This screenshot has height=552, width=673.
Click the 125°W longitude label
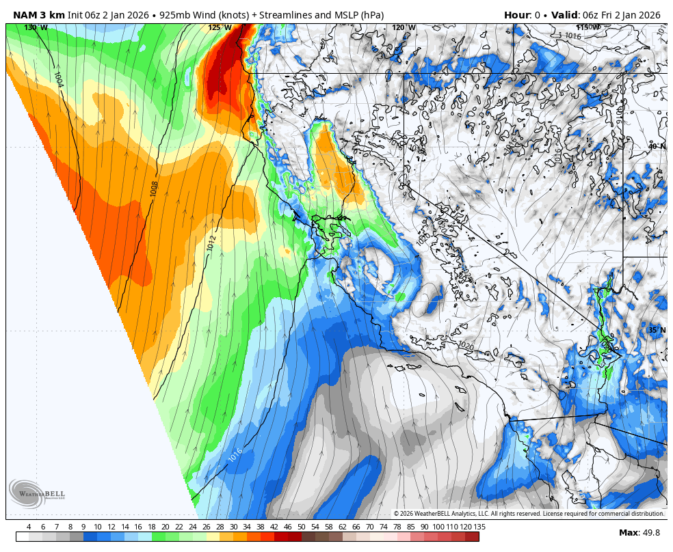click(x=220, y=28)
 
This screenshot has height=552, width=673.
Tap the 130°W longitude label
click(x=36, y=28)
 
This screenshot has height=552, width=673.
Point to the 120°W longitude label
click(x=404, y=28)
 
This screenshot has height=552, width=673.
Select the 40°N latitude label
click(x=657, y=147)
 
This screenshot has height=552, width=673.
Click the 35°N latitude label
click(x=657, y=331)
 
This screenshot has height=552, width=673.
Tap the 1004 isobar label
click(x=58, y=80)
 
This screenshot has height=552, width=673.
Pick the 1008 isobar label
click(x=154, y=189)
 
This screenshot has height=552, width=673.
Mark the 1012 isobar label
click(x=211, y=243)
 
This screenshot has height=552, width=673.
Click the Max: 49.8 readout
click(x=639, y=533)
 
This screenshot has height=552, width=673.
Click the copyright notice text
click(x=529, y=514)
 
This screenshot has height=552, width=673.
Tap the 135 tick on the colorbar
click(x=479, y=527)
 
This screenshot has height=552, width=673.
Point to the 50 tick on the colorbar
click(x=301, y=527)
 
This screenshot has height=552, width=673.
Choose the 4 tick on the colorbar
click(x=29, y=527)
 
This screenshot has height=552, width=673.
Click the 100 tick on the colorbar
click(x=438, y=527)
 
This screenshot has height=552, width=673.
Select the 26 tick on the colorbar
click(x=206, y=527)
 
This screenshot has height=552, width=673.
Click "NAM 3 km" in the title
click(x=38, y=15)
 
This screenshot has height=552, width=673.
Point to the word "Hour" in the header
click(x=516, y=15)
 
